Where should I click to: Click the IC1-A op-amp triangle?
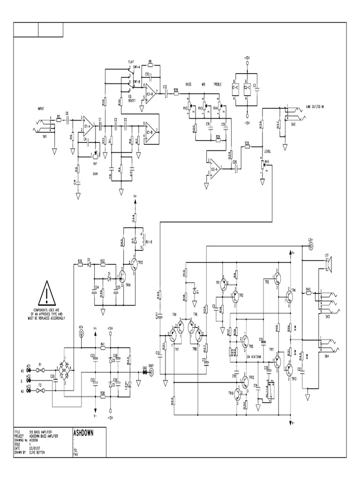(87, 125)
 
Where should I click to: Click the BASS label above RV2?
(188, 84)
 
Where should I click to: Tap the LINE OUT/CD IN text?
(315, 106)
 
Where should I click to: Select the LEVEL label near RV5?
(268, 151)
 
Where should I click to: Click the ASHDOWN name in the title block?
(84, 433)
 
